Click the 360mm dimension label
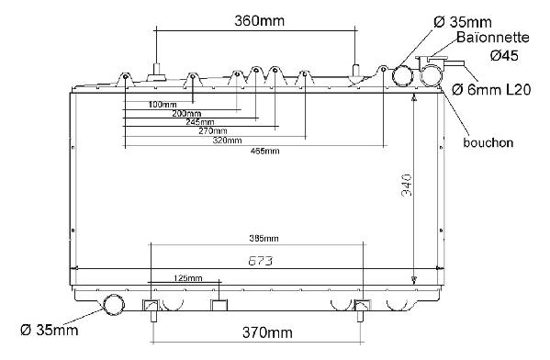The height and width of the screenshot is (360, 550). click(x=259, y=21)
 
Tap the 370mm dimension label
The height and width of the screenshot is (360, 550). click(x=267, y=332)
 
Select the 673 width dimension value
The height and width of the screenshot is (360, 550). click(x=260, y=261)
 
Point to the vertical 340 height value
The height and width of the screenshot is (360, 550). click(x=407, y=185)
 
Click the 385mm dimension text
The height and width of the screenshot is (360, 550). click(x=264, y=239)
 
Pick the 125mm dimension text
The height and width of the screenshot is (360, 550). click(x=188, y=278)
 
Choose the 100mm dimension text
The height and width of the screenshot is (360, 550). click(x=163, y=104)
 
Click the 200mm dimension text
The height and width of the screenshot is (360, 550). click(x=186, y=113)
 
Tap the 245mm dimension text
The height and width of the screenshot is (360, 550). click(x=200, y=122)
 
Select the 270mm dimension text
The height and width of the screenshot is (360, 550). click(x=213, y=131)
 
